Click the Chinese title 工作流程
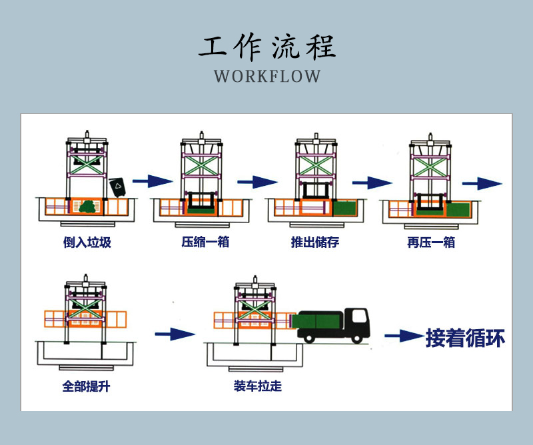[x=267, y=45]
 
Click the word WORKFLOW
[x=267, y=75]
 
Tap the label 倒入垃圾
[x=87, y=242]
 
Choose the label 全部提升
[x=86, y=386]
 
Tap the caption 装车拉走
[x=257, y=386]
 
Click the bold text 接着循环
[x=465, y=338]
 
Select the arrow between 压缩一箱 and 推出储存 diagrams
[x=257, y=181]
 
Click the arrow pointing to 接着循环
[x=403, y=336]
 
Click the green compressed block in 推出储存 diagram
[x=345, y=209]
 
